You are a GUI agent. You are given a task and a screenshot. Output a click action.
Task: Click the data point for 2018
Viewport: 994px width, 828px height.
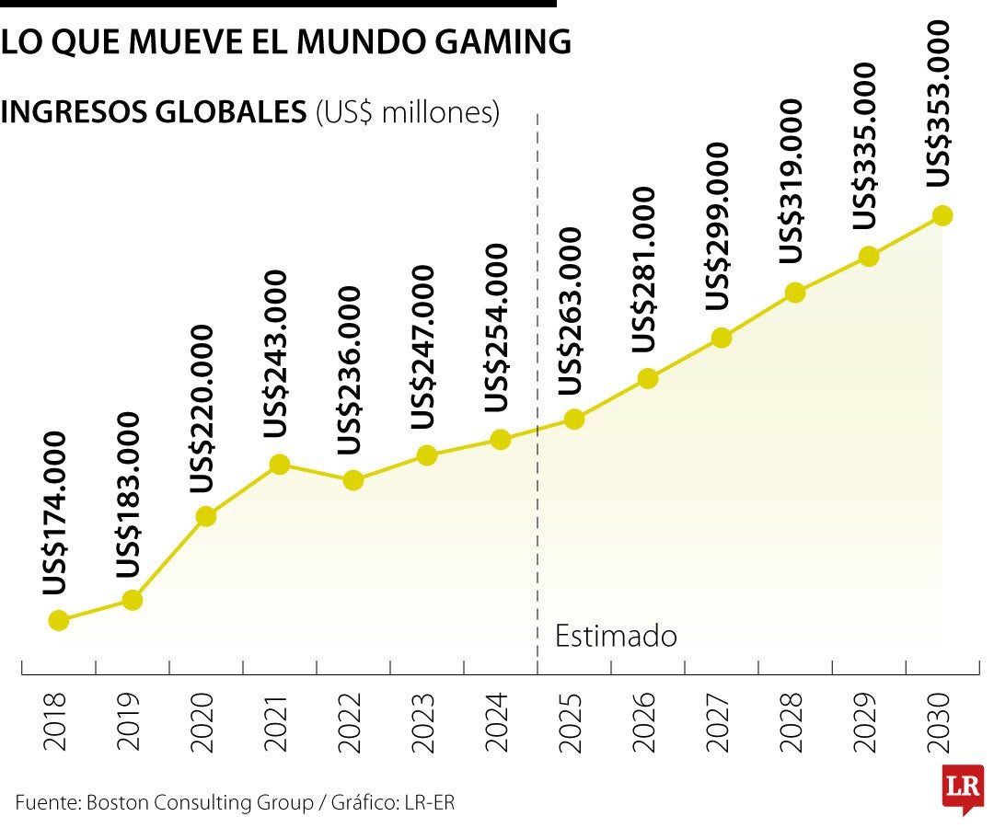coord(58,620)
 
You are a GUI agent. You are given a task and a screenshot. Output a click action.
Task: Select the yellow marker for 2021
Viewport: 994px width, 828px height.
coord(280,465)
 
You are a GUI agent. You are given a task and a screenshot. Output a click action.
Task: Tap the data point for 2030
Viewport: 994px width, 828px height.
coord(942,215)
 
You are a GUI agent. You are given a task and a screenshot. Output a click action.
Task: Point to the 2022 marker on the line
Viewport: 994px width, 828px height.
coord(353,480)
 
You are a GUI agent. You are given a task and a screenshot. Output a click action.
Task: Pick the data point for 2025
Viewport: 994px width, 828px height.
coord(573,419)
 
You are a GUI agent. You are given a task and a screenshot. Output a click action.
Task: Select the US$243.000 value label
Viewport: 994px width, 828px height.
coord(276,354)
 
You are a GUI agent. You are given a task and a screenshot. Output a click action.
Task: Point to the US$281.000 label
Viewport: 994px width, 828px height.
coord(644,269)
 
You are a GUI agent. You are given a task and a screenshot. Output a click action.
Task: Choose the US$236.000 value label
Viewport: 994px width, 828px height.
coord(350,371)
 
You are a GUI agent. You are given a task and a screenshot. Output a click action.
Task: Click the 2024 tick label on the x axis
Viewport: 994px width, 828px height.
coord(497,720)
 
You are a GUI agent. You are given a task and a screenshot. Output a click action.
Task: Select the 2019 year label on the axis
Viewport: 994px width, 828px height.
coord(129,720)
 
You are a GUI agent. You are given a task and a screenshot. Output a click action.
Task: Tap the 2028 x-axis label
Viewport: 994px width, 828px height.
coord(792,720)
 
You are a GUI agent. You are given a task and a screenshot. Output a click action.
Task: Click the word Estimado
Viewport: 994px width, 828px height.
coord(617,636)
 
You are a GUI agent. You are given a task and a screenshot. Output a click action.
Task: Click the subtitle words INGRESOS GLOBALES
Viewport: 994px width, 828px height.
coord(155,112)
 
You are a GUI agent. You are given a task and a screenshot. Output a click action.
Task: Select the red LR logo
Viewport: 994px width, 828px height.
coord(963,788)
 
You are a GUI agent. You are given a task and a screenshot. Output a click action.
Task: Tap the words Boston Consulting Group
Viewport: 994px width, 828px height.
coord(200,802)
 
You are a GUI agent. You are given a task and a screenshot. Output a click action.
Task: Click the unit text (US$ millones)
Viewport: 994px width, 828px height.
coord(408,112)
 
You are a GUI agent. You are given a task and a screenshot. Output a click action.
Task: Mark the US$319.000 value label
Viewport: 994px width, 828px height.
coord(792,182)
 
